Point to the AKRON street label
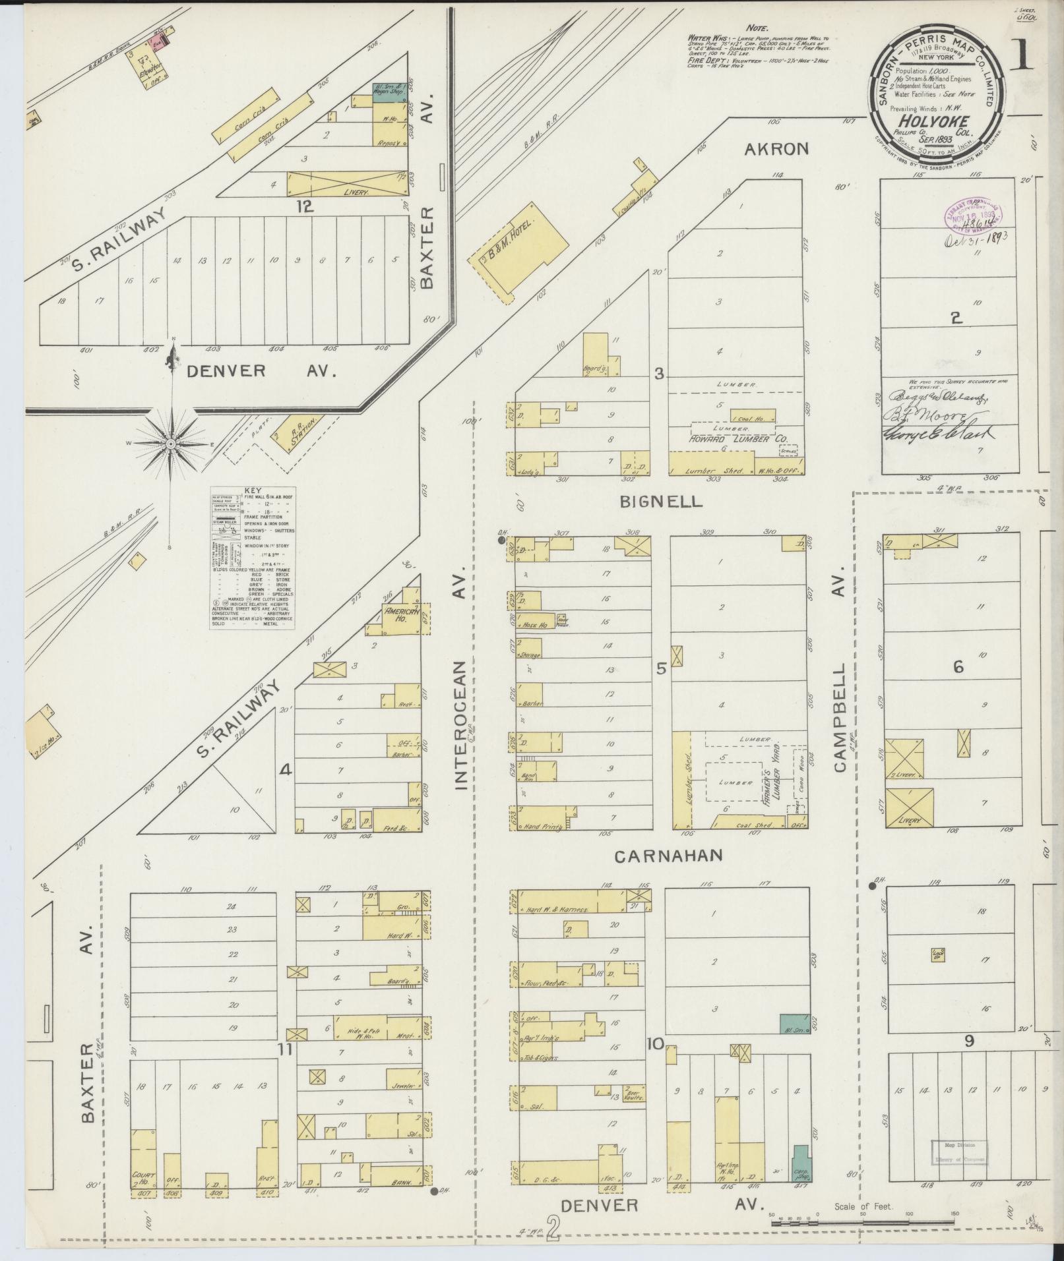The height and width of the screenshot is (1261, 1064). click(776, 149)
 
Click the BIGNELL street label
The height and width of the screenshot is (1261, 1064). click(661, 502)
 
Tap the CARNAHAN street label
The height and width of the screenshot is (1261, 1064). click(669, 856)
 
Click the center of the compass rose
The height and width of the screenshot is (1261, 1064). click(171, 444)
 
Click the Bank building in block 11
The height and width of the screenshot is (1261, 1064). click(396, 1175)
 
